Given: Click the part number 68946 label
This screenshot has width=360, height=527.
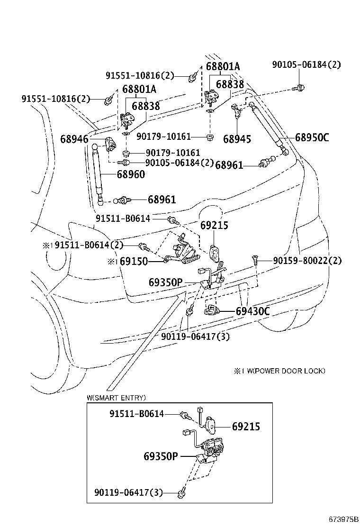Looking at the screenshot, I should point(74,139).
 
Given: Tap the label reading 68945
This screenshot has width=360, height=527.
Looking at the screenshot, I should point(237,139).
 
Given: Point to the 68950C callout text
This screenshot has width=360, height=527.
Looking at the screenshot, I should point(312,138).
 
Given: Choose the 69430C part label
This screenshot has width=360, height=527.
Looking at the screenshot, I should point(252,311).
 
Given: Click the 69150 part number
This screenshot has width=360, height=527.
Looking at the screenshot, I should point(134,261).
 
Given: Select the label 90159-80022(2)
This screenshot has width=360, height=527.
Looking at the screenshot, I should point(307,260).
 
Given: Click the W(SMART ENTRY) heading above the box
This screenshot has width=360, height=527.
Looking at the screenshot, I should point(116,398).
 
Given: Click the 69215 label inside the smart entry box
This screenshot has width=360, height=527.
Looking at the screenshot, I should point(246,427).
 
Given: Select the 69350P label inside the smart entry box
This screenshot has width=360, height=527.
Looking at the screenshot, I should point(161,456).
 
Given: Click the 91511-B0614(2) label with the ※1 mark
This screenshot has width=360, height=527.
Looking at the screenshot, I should point(89,245).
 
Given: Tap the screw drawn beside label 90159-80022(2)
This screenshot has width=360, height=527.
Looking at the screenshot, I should point(255,260).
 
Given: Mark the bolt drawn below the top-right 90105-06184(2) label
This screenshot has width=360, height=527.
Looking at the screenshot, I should point(299,87).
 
